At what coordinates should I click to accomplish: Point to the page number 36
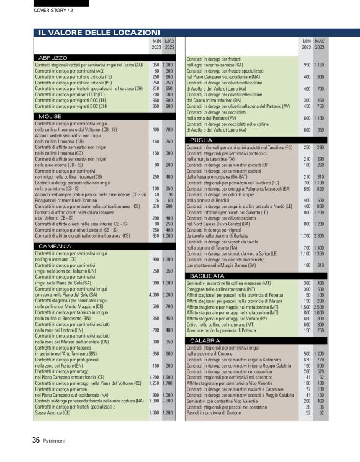tap(36, 440)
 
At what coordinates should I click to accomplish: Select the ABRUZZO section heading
tap(53, 58)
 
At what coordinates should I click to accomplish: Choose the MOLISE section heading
tap(50, 116)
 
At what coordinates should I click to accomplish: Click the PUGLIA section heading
tap(202, 140)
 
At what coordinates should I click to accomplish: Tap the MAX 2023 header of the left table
tap(169, 43)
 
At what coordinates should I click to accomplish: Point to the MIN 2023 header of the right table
tap(307, 43)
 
